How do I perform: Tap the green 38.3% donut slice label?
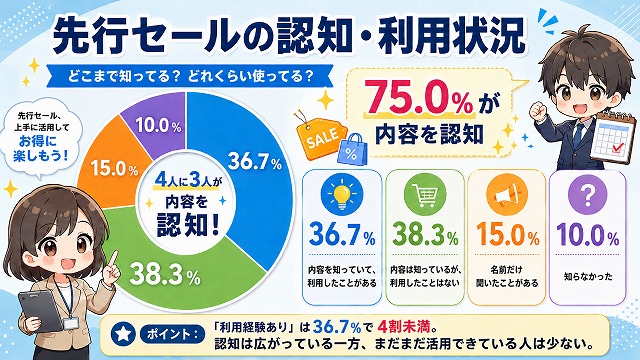click(x=165, y=274)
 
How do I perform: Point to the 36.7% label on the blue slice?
click(x=255, y=161)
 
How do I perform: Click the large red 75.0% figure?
click(x=418, y=97)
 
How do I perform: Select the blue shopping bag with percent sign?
click(x=352, y=150)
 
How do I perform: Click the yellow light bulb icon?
click(x=342, y=195)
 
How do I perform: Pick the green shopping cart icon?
click(x=424, y=195)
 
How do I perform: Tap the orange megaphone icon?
click(x=507, y=195)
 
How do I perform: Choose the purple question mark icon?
click(x=588, y=195)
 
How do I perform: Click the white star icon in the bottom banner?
click(x=123, y=334)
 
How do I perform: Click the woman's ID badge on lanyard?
click(x=70, y=324)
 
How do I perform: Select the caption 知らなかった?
click(x=588, y=276)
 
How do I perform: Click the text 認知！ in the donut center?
click(x=188, y=224)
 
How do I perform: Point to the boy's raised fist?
click(x=538, y=110)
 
